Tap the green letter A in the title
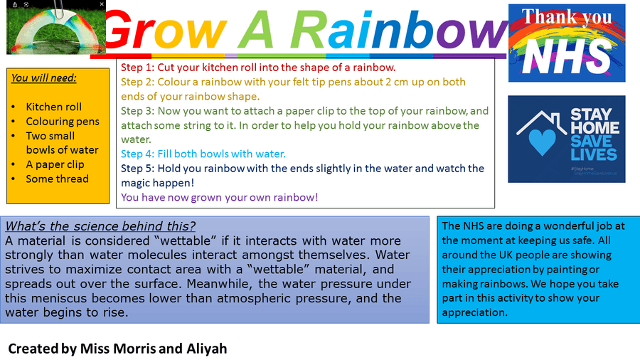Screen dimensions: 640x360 [256, 29]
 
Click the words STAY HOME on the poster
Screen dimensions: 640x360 [594, 121]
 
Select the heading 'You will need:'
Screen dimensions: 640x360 [43, 78]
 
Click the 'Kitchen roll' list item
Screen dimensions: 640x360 [53, 107]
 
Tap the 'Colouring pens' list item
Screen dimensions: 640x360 [63, 122]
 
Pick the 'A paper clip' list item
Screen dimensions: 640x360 [55, 164]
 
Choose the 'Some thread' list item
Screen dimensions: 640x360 [57, 179]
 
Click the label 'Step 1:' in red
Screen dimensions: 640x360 [137, 68]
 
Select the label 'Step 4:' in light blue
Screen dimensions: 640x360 [137, 154]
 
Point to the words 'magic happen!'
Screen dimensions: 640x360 [158, 183]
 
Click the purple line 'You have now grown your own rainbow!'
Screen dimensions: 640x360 [219, 198]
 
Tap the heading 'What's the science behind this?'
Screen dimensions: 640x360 [100, 226]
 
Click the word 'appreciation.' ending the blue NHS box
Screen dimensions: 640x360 [475, 312]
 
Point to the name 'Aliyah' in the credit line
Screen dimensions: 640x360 [206, 349]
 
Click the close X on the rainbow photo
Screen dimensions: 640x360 [102, 4]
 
